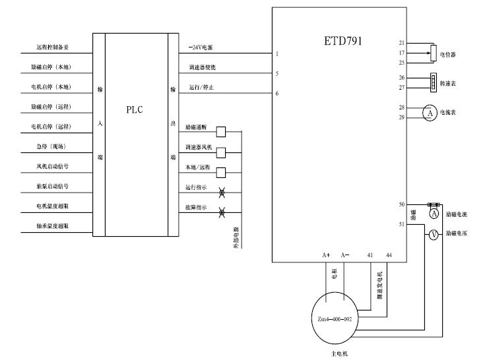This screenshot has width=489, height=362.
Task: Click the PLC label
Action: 135,110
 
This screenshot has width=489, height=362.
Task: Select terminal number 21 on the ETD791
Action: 401,43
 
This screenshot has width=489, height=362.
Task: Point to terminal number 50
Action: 401,204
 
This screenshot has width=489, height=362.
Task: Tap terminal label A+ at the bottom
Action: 326,255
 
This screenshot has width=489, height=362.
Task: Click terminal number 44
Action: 389,255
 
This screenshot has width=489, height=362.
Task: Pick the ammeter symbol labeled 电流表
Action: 430,113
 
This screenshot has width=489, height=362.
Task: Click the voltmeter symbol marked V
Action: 434,234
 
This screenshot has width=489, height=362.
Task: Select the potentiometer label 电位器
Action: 449,53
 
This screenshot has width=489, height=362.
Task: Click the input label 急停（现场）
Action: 50,146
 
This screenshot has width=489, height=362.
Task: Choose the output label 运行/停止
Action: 201,87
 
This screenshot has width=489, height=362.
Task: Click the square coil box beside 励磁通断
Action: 221,131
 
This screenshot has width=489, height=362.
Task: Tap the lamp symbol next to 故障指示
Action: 222,212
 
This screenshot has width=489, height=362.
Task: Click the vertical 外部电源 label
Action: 236,237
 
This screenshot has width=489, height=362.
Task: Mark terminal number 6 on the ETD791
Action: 277,94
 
